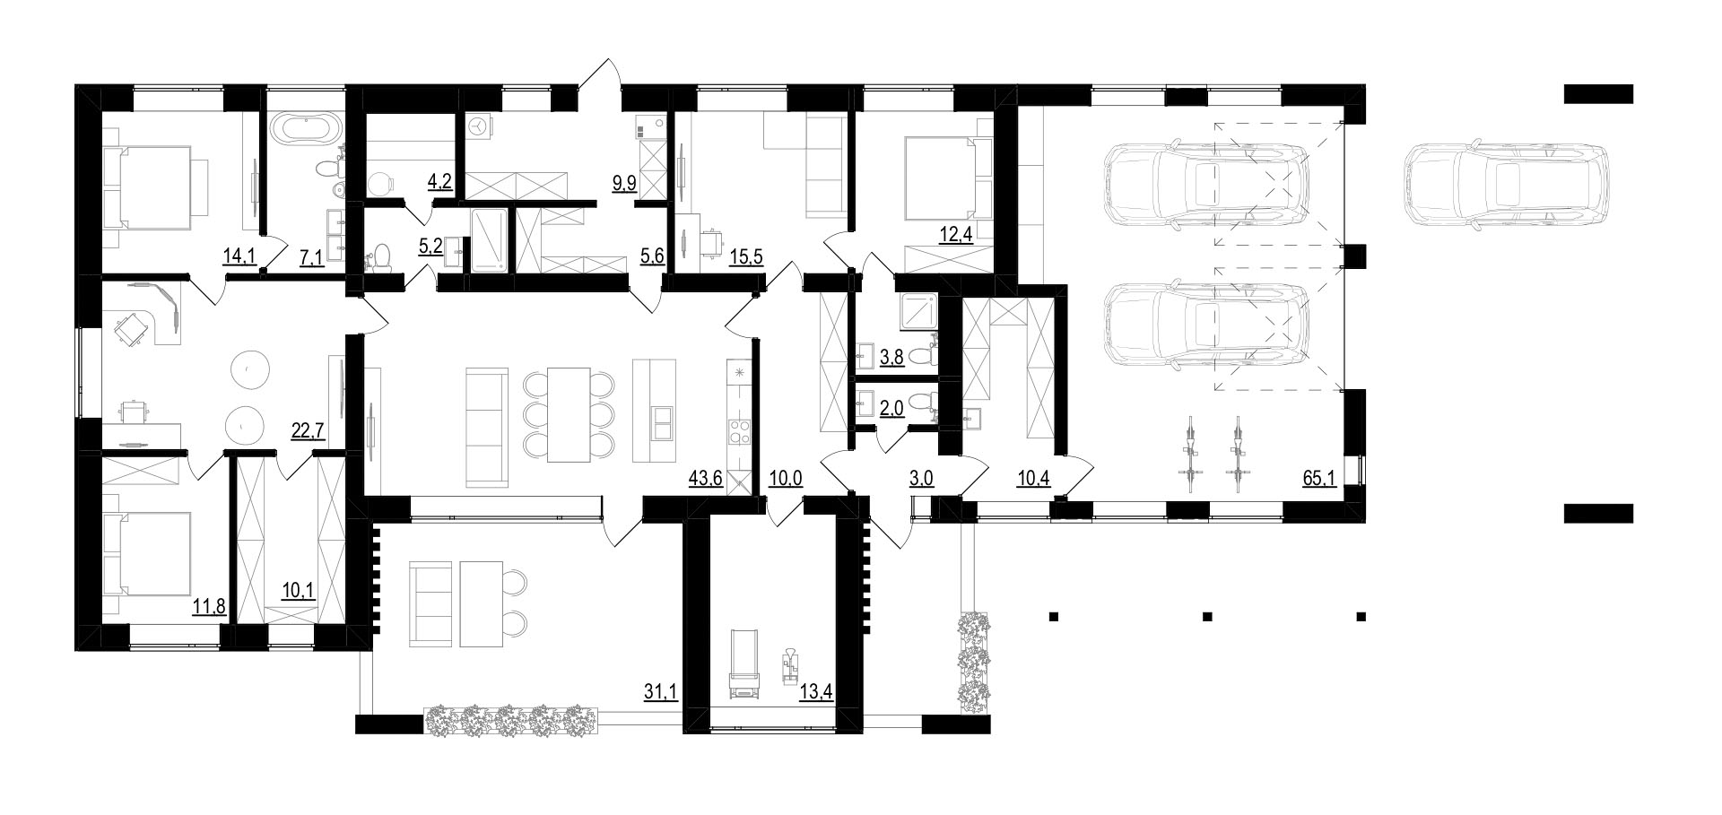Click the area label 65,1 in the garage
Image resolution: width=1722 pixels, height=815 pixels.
click(1319, 479)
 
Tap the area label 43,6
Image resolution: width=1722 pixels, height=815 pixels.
click(705, 479)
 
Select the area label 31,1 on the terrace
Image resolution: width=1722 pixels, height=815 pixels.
click(660, 691)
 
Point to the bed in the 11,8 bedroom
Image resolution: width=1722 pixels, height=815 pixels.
click(146, 554)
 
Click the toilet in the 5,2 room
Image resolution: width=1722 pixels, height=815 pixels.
click(380, 257)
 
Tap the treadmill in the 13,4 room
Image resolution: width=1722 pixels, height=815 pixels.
click(744, 663)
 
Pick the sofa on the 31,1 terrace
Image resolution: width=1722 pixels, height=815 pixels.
click(431, 603)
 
